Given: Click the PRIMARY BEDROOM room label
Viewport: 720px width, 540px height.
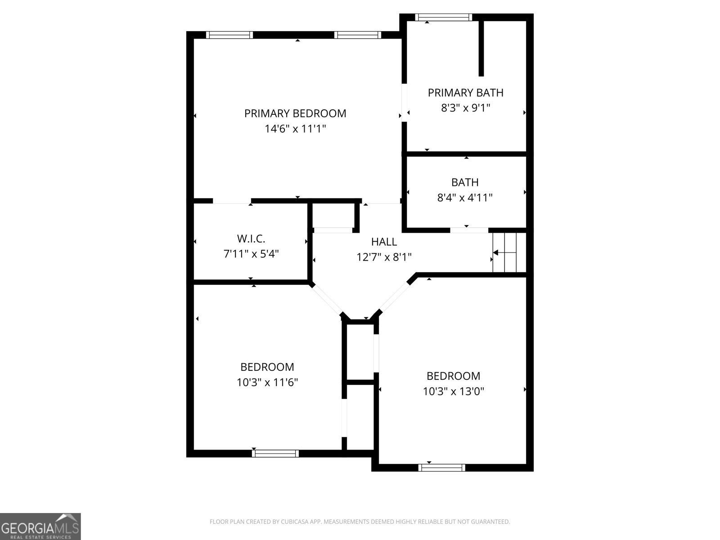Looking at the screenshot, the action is (x=295, y=113).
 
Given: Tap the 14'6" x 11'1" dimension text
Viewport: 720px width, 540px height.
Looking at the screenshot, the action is (x=295, y=129).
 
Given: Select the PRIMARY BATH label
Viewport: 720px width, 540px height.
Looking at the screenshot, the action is (x=465, y=93).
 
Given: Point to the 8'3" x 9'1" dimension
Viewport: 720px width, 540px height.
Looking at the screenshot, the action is (x=465, y=108).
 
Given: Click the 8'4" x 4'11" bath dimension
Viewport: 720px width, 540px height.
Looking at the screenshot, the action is (x=465, y=198).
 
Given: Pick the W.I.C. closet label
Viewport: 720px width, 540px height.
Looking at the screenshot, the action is (x=251, y=238).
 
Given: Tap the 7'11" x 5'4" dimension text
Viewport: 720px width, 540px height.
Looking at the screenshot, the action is (x=251, y=253).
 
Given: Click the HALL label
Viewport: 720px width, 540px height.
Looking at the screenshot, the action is (x=384, y=242).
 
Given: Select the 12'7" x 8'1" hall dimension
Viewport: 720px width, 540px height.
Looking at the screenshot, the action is (x=384, y=256).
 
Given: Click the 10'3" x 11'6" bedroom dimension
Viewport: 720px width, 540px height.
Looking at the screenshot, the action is (x=267, y=382).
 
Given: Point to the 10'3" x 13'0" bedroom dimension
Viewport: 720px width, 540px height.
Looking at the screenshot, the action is (x=453, y=391).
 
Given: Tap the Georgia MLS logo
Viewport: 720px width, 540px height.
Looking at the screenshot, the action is (x=40, y=526).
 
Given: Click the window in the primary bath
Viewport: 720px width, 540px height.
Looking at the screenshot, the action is (x=444, y=18).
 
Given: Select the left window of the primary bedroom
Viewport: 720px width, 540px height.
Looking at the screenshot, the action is (x=229, y=35).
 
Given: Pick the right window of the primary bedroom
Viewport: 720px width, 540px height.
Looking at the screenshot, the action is (x=358, y=35).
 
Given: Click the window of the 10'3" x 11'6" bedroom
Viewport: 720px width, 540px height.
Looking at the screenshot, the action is (x=275, y=454).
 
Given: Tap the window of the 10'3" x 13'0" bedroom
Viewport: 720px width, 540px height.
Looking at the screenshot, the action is (x=441, y=468).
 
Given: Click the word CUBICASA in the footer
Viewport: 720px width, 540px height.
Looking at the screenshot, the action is (x=293, y=521).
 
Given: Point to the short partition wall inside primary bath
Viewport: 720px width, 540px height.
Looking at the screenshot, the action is (x=481, y=49).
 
